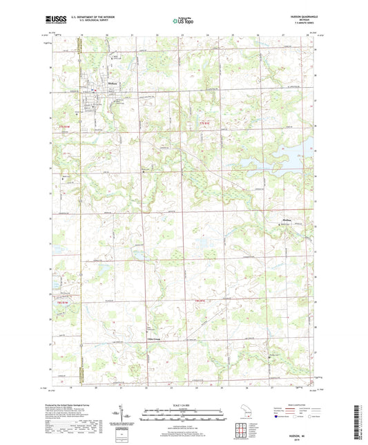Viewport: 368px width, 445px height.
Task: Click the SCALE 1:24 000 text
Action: point(184,405)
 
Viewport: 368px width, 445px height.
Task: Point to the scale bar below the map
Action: point(184,416)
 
